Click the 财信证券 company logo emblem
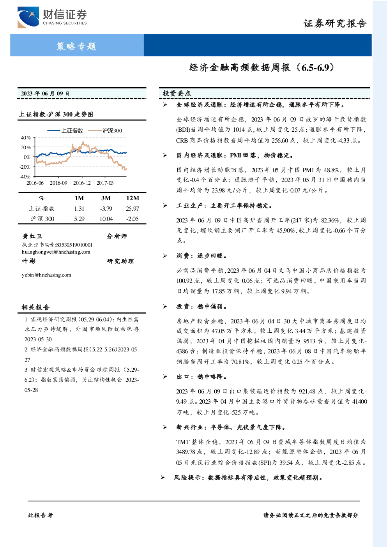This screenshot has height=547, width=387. click(28, 17)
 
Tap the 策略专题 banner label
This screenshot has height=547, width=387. click(76, 46)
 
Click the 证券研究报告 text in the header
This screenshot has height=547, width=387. click(335, 23)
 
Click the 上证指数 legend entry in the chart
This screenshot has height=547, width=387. click(65, 131)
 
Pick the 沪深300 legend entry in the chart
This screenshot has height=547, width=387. click(105, 131)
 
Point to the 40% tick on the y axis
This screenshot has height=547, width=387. click(26, 138)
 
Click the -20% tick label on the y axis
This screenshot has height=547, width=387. click(25, 167)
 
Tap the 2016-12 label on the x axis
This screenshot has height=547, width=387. click(82, 183)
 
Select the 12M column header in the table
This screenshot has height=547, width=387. click(133, 198)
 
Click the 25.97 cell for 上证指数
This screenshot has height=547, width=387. click(133, 209)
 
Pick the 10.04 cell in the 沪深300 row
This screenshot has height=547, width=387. click(106, 219)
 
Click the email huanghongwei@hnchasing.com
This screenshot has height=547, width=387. click(56, 252)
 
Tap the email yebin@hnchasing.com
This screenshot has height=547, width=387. click(46, 275)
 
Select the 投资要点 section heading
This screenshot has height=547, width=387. click(177, 93)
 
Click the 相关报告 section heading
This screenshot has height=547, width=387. click(35, 307)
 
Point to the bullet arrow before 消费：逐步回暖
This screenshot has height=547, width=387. click(165, 256)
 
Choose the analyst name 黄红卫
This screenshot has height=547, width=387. click(32, 236)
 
